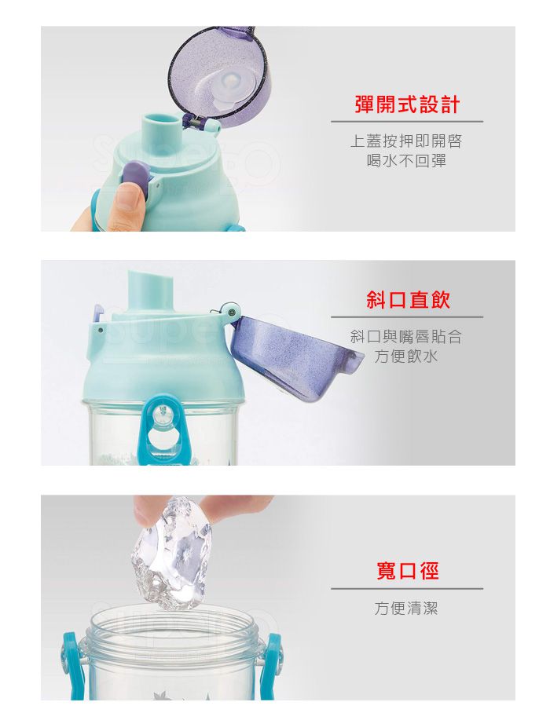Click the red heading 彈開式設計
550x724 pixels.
tap(407, 104)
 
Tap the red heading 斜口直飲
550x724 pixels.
tap(408, 300)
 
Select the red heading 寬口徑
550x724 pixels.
tap(407, 571)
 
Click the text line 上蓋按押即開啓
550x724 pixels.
tap(406, 141)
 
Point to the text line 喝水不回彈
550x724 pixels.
tap(407, 161)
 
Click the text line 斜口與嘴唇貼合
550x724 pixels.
tap(406, 337)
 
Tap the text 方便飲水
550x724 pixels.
tap(406, 357)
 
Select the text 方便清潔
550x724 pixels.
tap(406, 608)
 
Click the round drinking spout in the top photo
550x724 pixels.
tap(160, 124)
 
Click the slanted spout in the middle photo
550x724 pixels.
tap(151, 291)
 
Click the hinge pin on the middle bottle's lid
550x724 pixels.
tap(231, 313)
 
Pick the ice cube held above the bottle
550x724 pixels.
tap(171, 552)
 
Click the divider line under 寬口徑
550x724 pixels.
tap(407, 589)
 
